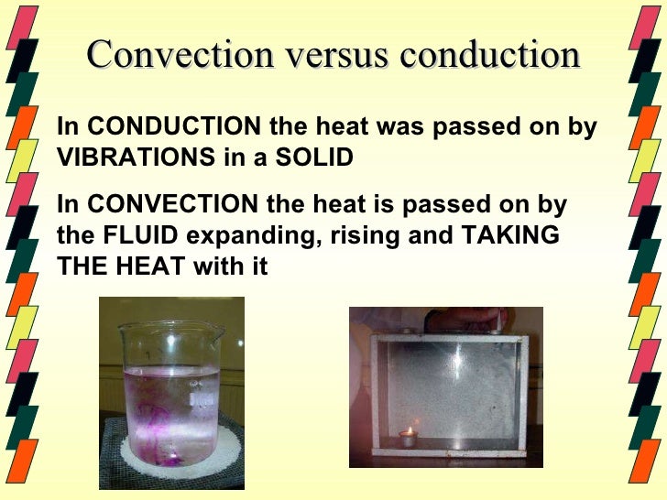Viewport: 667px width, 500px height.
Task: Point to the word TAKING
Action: click(509, 234)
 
